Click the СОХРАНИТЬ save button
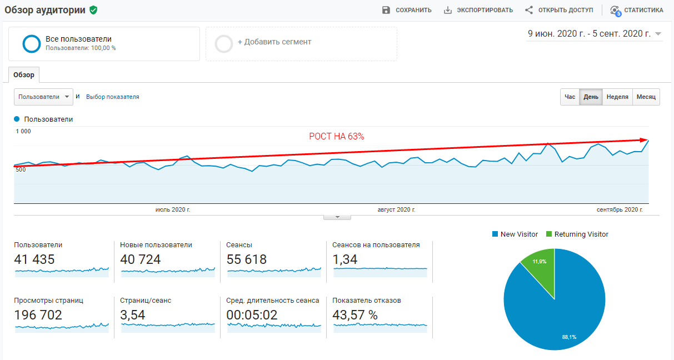coord(407,10)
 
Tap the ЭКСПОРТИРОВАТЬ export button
coord(478,10)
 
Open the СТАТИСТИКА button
coord(637,10)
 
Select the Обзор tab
coord(24,75)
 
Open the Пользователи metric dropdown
coord(44,97)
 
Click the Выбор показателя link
coord(113,97)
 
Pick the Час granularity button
coord(570,97)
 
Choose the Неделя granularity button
coord(617,97)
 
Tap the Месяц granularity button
coord(646,97)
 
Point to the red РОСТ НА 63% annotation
coord(337,137)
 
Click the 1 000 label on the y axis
coord(23,131)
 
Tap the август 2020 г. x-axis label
coord(396,209)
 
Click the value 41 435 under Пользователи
coord(34,259)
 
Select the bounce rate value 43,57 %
coord(355,315)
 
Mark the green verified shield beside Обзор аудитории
coord(93,10)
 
